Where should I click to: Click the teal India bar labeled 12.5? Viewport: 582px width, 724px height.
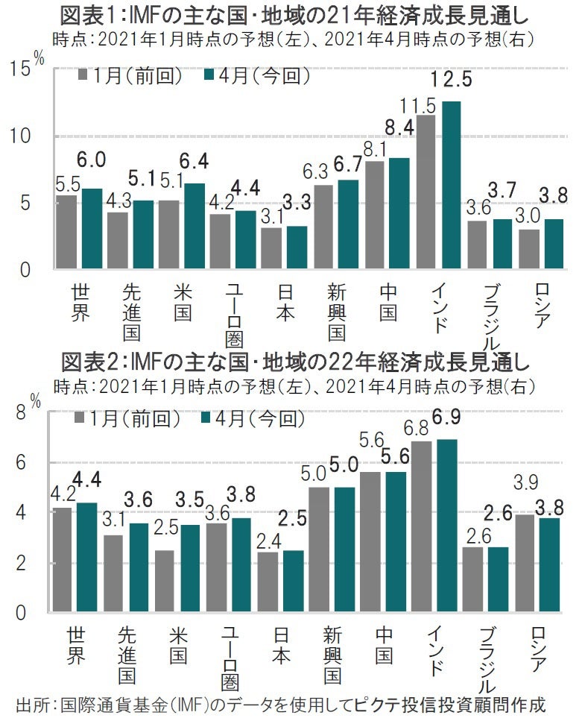coord(451,185)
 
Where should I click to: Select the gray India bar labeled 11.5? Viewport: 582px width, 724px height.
coord(426,192)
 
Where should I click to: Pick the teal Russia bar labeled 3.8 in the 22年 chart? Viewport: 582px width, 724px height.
coord(554,566)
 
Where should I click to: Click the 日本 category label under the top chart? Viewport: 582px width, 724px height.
coord(284,302)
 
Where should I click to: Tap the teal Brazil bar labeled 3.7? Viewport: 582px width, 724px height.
coord(503,244)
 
